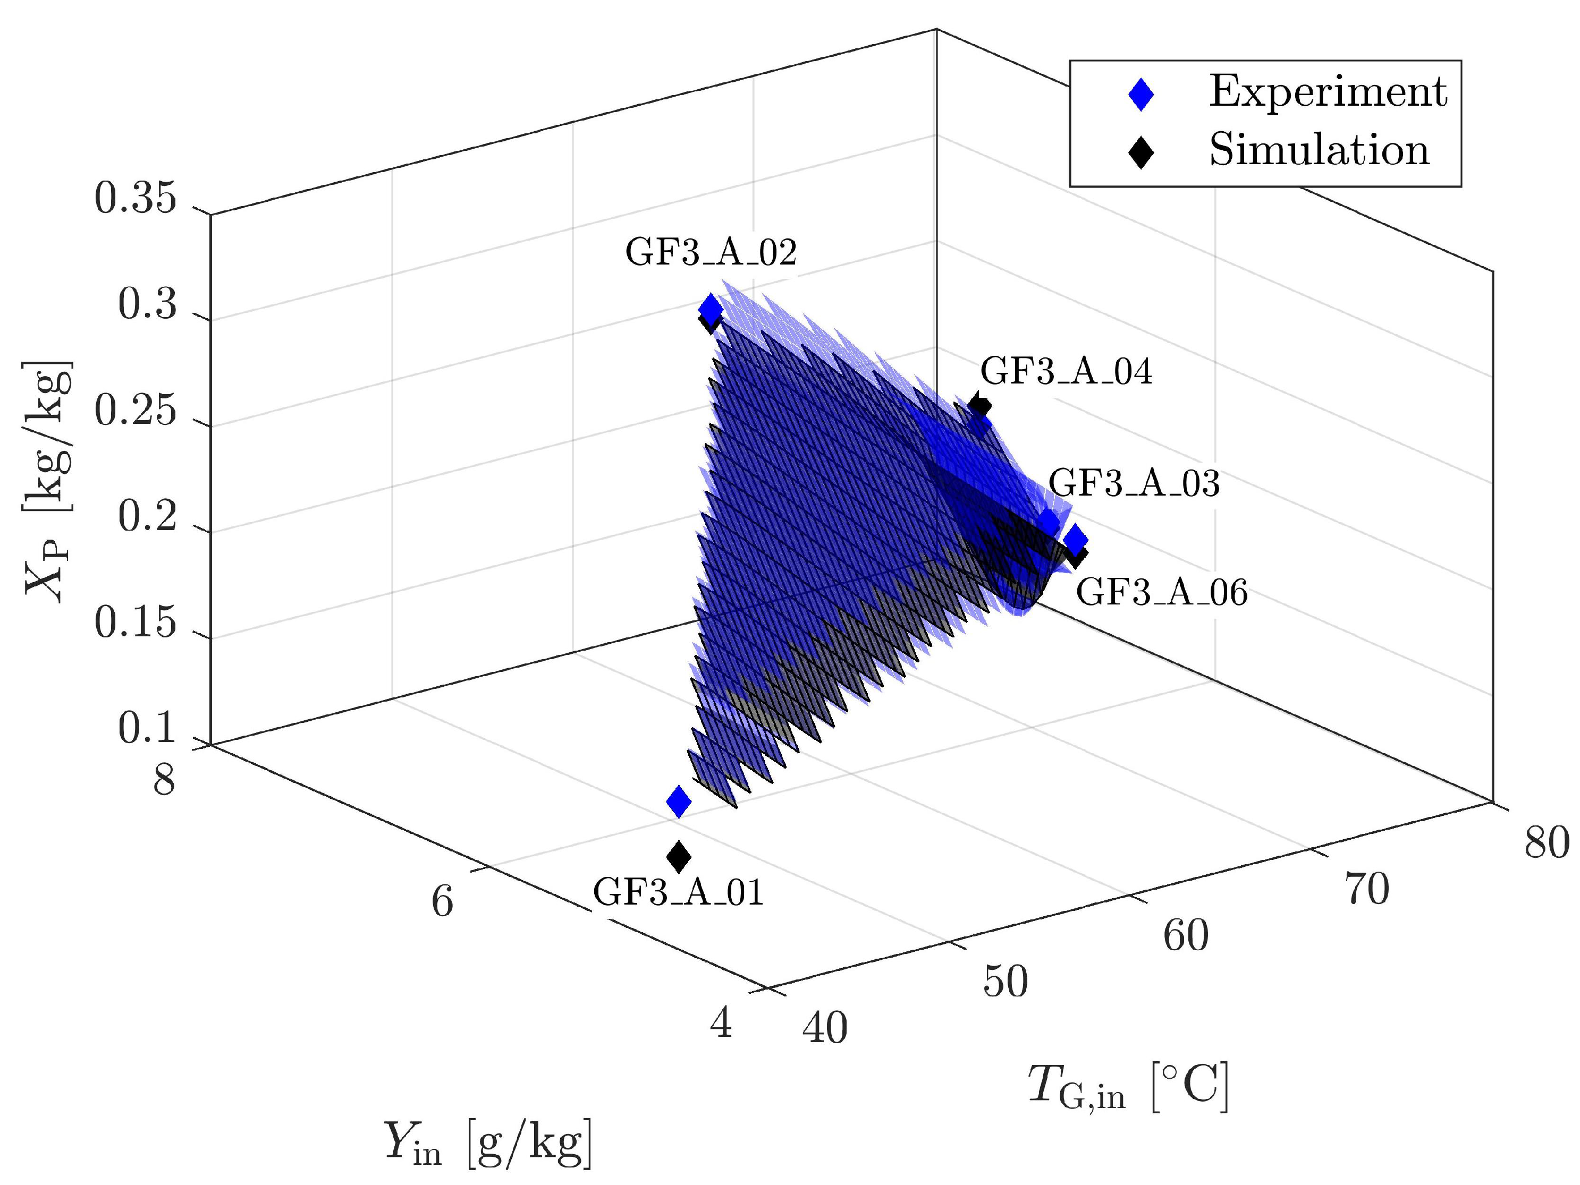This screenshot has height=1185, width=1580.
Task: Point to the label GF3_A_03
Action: [x=1134, y=484]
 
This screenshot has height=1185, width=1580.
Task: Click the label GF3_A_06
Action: [x=1161, y=593]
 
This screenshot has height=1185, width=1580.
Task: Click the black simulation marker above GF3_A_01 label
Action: [x=679, y=855]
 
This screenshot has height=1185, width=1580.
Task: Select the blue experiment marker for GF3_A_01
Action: [x=679, y=802]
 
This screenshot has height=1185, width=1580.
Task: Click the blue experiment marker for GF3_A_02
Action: [x=710, y=309]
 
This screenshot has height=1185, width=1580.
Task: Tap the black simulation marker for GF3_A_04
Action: [x=980, y=405]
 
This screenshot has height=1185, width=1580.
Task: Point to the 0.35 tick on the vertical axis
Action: [x=135, y=199]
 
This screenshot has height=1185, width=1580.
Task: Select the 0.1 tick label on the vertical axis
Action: [x=147, y=730]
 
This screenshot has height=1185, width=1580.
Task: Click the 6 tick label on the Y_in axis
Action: [x=442, y=901]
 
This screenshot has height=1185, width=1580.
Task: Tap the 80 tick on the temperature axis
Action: [x=1547, y=843]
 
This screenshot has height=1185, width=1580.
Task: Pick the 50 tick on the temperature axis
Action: [x=1006, y=982]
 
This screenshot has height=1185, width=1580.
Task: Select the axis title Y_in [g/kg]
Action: [x=488, y=1144]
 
